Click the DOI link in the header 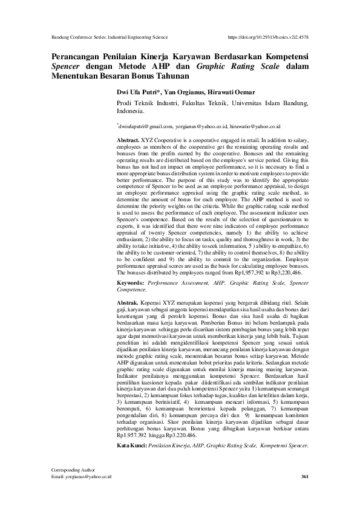click(270, 37)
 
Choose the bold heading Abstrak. click(126, 300)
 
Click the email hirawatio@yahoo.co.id click(255, 127)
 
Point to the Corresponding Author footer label click(74, 470)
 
